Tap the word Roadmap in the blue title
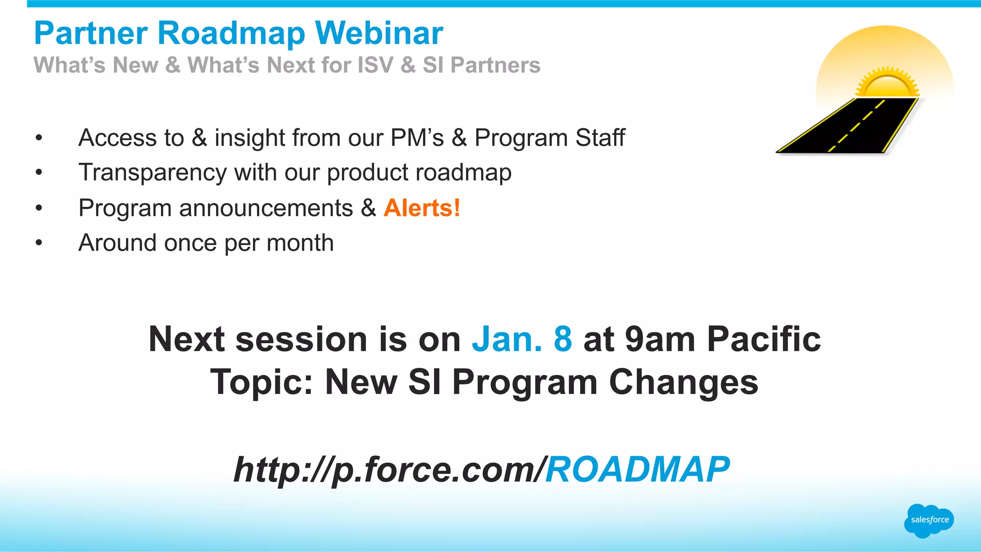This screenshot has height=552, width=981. click(231, 34)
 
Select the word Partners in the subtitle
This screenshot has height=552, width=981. click(495, 65)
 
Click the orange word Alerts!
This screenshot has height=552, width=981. click(422, 208)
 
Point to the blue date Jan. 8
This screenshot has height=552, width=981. click(522, 339)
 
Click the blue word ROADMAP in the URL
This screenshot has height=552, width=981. click(638, 469)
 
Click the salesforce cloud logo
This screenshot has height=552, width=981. click(929, 520)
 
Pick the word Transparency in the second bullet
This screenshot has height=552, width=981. click(152, 172)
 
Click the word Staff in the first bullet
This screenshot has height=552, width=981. click(600, 138)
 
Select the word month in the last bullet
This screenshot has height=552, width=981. click(300, 243)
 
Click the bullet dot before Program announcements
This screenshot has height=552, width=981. click(39, 208)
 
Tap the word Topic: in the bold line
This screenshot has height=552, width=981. click(262, 382)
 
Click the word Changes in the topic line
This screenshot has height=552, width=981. click(684, 382)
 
